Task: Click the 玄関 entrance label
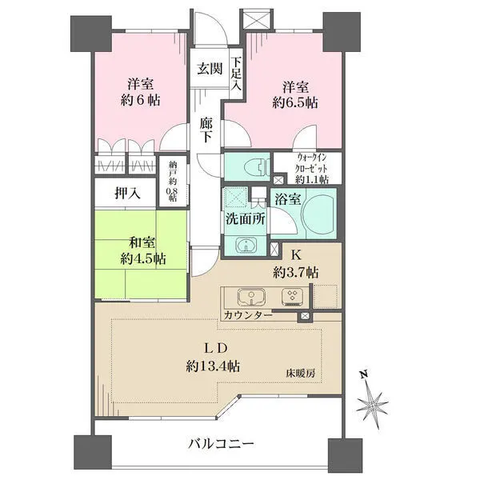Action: point(210,69)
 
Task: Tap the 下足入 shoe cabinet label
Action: point(236,74)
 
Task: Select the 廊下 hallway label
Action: point(206,130)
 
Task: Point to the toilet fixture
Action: point(257,167)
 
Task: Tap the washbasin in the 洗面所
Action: point(246,245)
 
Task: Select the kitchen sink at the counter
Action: point(251,297)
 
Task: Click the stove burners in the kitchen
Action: point(292,297)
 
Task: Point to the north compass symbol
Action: point(373,403)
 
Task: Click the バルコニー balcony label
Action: point(221,443)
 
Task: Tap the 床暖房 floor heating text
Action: point(301,373)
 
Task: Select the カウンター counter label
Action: point(248,315)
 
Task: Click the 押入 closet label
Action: point(128,193)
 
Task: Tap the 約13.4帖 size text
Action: point(213,366)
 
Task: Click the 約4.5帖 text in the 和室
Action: point(143,259)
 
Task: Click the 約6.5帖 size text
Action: point(295,103)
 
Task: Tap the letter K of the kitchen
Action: point(295,254)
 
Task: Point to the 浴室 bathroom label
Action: point(288,199)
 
